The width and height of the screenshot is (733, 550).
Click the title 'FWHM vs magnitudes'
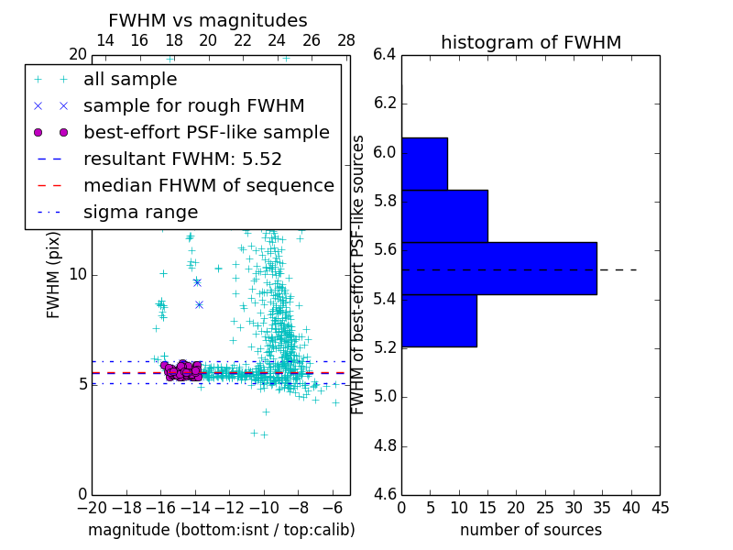point(208,20)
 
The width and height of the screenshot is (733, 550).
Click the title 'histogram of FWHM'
point(531,42)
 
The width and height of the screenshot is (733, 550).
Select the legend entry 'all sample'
point(130,80)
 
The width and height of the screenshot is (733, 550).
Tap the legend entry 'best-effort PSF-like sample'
point(206,133)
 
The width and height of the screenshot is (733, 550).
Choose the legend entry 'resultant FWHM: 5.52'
point(182,159)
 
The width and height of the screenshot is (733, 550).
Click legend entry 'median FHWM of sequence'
point(208,186)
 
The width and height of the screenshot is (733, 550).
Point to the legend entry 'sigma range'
point(140,213)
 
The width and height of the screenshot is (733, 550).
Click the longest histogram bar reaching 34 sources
point(498,269)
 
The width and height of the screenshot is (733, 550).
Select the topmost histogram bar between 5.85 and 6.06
point(424,164)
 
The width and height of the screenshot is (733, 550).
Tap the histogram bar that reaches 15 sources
point(444,216)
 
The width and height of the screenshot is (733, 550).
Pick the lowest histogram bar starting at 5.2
point(439,321)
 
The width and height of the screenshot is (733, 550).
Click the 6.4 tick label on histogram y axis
point(385,54)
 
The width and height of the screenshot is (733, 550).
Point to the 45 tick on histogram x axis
point(660,507)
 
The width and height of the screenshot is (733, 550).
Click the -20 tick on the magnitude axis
point(92,507)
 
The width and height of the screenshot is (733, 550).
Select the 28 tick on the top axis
point(346,40)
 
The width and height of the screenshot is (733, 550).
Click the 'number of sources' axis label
point(531,530)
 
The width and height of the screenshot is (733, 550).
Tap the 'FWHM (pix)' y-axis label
point(54,274)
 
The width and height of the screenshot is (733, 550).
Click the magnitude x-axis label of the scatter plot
point(221,530)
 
